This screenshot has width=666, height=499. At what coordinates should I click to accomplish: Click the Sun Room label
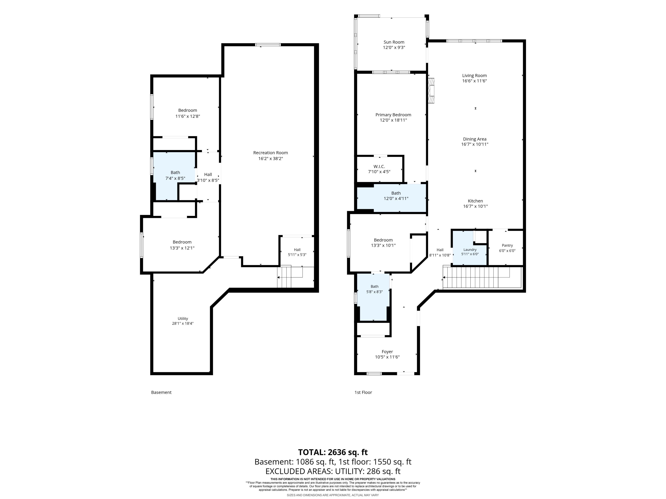pos(394,42)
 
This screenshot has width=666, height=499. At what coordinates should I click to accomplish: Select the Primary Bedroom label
pos(393,115)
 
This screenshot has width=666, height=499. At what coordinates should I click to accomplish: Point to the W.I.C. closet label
pos(379,166)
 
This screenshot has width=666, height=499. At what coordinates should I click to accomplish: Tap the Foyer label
pos(387,352)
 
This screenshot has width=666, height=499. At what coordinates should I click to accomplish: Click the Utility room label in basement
pos(183,318)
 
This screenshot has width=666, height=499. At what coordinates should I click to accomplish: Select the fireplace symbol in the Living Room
pos(431,91)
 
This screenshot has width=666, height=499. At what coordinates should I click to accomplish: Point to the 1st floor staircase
pos(482,277)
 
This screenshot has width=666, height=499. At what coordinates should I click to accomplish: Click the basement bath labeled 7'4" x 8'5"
pos(174,176)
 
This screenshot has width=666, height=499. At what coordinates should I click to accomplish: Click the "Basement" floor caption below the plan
pos(161,392)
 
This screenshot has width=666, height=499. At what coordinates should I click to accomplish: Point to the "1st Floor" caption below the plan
pos(363,392)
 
